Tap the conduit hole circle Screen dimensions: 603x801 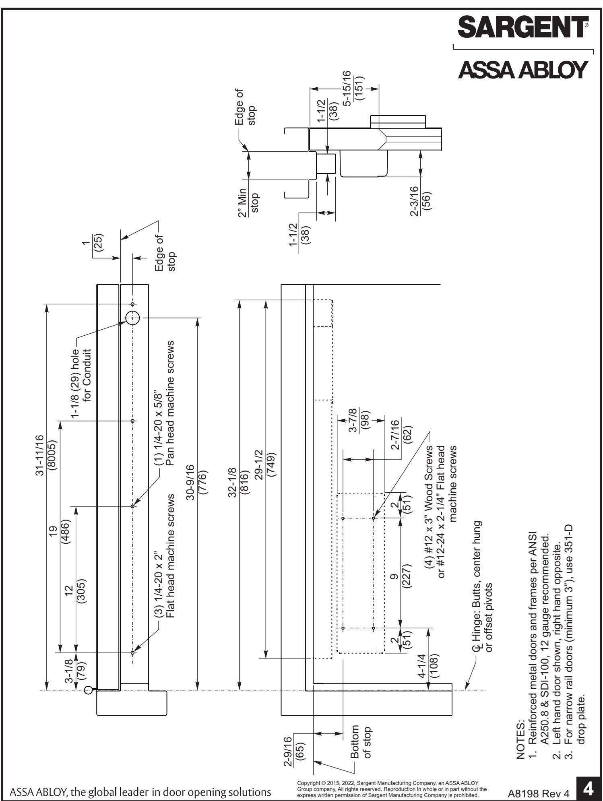coord(132,318)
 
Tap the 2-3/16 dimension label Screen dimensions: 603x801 coord(414,199)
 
